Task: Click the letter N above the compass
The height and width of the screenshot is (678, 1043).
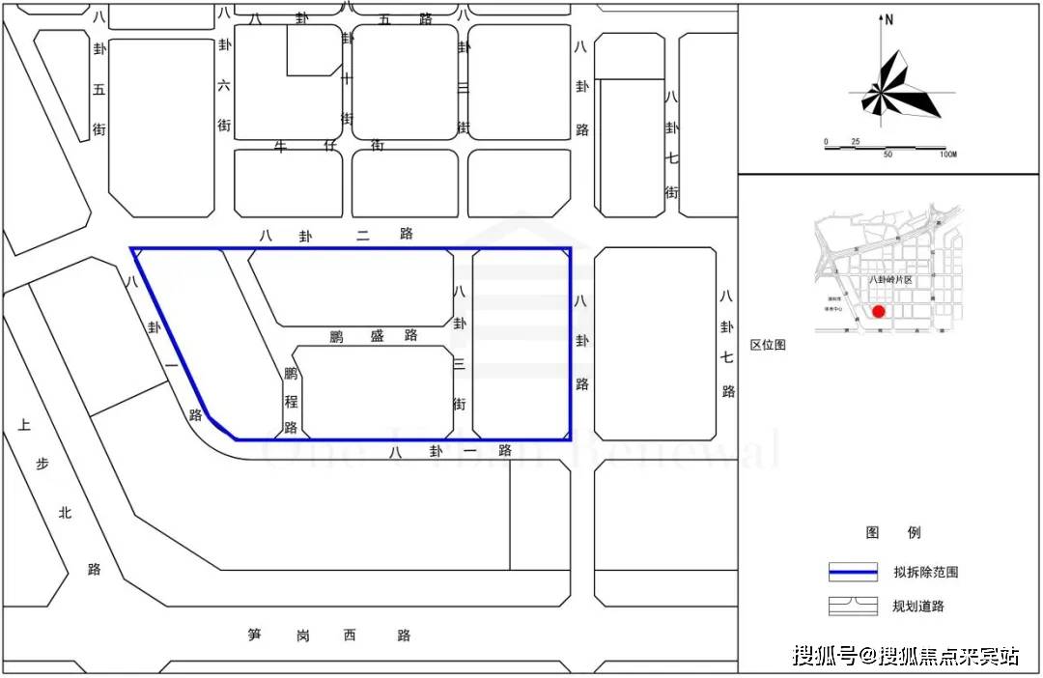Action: pyautogui.click(x=889, y=19)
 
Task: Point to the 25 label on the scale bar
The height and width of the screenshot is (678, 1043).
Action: pyautogui.click(x=855, y=142)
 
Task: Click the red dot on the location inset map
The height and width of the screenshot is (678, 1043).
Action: pyautogui.click(x=878, y=311)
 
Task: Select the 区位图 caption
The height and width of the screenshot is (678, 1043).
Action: pyautogui.click(x=769, y=345)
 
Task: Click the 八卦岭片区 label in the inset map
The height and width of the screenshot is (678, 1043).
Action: pyautogui.click(x=889, y=279)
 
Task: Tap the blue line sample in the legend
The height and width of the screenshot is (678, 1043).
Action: pyautogui.click(x=853, y=572)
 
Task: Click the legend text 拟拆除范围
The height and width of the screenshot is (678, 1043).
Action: pyautogui.click(x=925, y=572)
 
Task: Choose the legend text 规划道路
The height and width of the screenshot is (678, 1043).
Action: pyautogui.click(x=918, y=607)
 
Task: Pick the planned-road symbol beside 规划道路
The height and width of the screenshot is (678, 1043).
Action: pyautogui.click(x=853, y=607)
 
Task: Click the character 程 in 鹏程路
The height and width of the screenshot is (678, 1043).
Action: pyautogui.click(x=290, y=400)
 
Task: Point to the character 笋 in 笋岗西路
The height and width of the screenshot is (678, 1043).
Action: pyautogui.click(x=255, y=635)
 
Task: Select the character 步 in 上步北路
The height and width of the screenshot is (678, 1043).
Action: pyautogui.click(x=42, y=464)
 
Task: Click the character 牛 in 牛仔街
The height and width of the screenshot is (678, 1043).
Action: pyautogui.click(x=282, y=146)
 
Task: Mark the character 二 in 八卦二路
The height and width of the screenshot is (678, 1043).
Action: pyautogui.click(x=362, y=234)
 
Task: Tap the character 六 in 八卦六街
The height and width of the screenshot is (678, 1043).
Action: pyautogui.click(x=224, y=85)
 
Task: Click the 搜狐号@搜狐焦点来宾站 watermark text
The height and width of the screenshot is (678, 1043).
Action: pyautogui.click(x=906, y=657)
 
